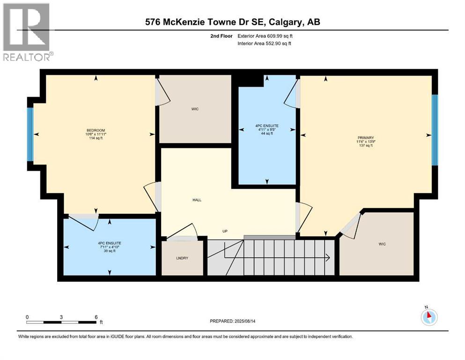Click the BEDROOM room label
click(96, 130)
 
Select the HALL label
click(197, 200)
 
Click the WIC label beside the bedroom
click(195, 109)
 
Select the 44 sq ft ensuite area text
click(267, 134)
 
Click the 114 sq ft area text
click(96, 138)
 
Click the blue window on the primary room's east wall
click(435, 130)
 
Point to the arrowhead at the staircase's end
click(328, 257)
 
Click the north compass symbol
click(428, 316)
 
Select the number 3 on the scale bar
click(61, 317)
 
